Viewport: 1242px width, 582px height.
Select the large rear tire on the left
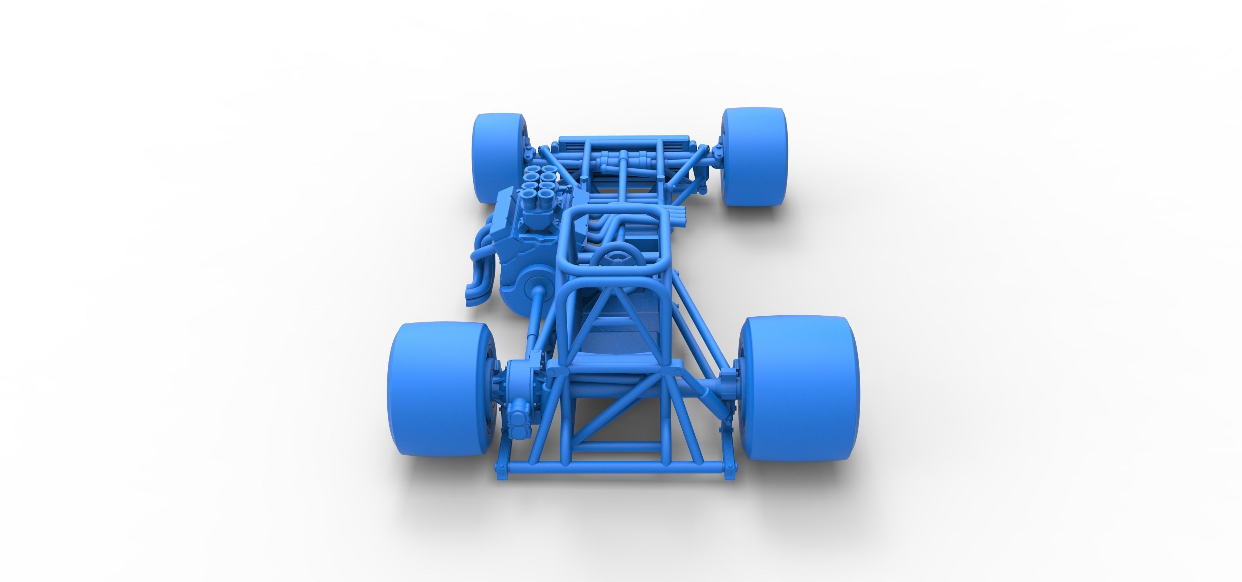(x=436, y=388)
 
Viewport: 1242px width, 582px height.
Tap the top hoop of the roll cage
(x=617, y=212)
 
